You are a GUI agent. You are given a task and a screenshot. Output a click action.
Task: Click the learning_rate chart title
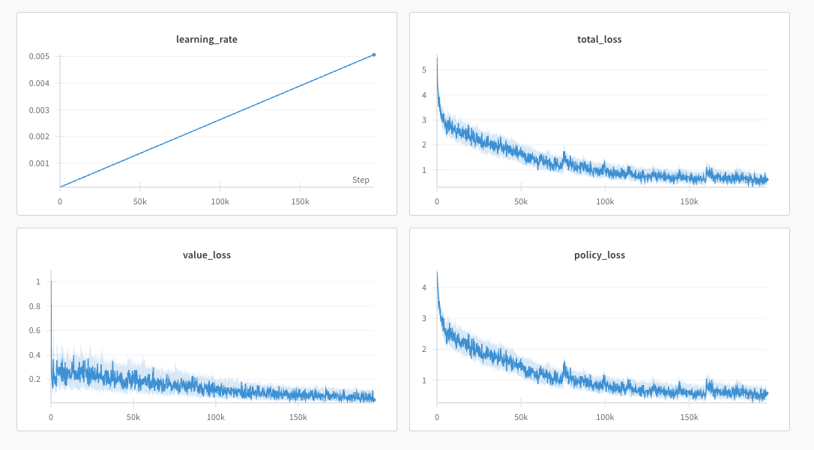(x=207, y=40)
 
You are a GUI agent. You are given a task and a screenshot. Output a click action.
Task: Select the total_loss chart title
(x=600, y=40)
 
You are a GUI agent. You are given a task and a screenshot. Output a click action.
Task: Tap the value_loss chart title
(x=207, y=255)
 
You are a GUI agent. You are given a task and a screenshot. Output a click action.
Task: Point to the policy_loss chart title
(x=600, y=255)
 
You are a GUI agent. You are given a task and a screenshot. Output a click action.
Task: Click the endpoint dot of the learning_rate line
(x=374, y=55)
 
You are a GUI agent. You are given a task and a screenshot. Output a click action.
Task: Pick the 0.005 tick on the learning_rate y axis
(x=40, y=57)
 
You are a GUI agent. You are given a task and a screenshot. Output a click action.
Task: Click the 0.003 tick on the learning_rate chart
(x=40, y=110)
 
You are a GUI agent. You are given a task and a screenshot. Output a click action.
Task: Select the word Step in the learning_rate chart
(x=361, y=180)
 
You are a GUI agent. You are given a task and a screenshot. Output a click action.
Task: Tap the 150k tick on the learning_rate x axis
(x=299, y=202)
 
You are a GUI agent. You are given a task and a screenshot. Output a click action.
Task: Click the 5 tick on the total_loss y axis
(x=424, y=70)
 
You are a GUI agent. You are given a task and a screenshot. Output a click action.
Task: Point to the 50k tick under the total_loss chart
(x=521, y=202)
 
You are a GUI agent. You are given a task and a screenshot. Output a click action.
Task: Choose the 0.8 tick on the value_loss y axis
(x=35, y=306)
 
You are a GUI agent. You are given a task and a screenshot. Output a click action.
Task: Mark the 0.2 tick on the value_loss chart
(x=35, y=380)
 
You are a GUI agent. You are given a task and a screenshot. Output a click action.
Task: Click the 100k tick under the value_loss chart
(x=216, y=418)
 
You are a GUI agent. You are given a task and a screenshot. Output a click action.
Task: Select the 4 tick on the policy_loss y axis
(x=424, y=288)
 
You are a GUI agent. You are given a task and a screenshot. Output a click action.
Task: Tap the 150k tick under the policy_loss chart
(x=689, y=418)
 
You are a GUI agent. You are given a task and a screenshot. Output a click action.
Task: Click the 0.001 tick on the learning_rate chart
(x=40, y=163)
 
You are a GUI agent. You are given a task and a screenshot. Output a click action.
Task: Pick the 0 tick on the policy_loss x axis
(x=437, y=418)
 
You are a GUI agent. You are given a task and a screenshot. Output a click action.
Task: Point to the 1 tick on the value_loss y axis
(x=38, y=282)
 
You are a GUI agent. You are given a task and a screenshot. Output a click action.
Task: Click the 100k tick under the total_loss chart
(x=605, y=202)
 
